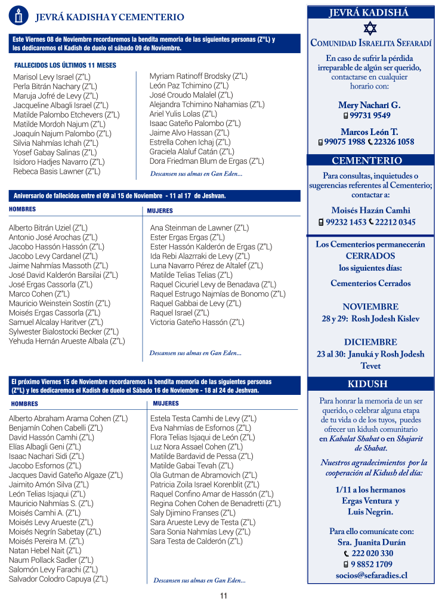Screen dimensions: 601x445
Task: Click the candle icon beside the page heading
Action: coord(18,16)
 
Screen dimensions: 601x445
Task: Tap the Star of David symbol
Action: coord(370,28)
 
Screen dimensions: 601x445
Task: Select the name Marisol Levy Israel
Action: coord(52,77)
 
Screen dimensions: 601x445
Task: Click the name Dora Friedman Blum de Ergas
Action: coord(206,161)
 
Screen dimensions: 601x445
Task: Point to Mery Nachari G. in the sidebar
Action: coord(369,105)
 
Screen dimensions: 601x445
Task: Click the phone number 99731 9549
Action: coord(370,116)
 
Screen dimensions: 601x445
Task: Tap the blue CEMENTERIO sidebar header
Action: coord(367,160)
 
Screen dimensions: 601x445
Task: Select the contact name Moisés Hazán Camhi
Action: coord(370,210)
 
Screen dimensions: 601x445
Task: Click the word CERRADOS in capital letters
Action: coord(370,256)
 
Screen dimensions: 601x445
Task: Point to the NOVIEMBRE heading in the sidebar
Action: coord(370,306)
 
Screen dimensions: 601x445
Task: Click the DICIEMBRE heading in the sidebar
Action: coord(370,342)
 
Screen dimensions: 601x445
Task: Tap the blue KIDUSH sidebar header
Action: coord(367,384)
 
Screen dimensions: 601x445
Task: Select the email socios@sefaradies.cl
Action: coord(371,575)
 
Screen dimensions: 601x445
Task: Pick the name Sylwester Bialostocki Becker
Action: coord(64,332)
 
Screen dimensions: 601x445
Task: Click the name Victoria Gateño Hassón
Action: coord(197,323)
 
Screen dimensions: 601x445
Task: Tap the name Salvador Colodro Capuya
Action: coord(58,579)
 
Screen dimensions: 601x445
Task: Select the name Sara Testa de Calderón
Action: coord(196,541)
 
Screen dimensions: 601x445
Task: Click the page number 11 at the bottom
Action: coord(224,595)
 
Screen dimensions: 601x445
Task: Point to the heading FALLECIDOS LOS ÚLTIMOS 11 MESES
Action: coord(65,65)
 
